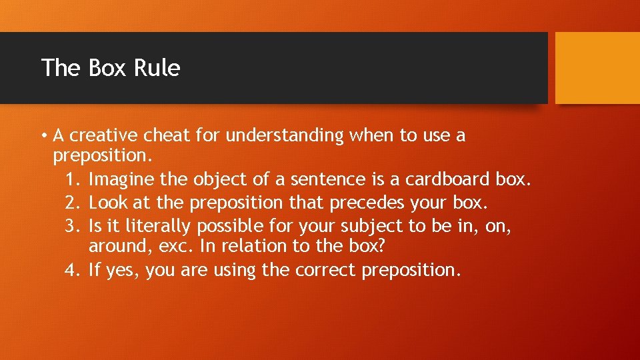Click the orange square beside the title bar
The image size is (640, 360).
597,68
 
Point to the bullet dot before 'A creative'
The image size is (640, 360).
43,136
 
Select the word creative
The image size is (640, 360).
97,135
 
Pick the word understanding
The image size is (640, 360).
285,136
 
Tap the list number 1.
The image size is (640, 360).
72,179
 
